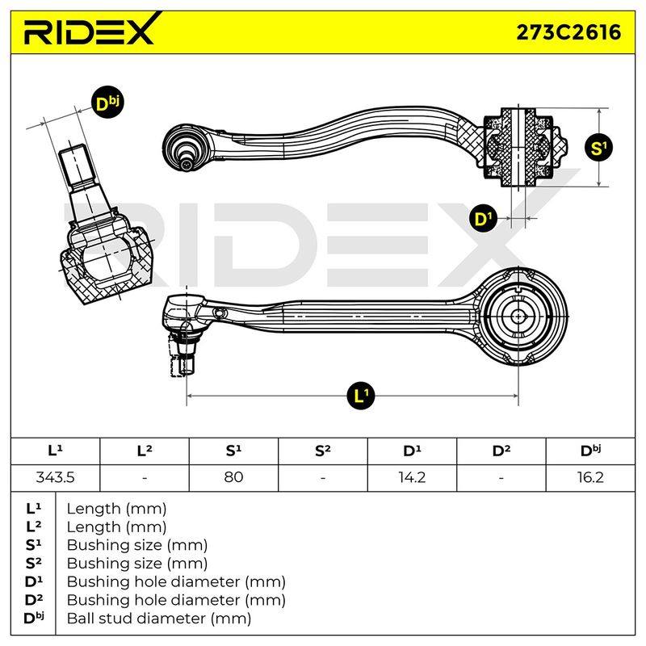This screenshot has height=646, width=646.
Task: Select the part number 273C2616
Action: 568,32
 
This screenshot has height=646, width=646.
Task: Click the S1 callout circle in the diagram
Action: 598,148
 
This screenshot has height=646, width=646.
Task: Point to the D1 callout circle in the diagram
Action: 483,218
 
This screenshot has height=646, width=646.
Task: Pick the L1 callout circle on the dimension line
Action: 361,396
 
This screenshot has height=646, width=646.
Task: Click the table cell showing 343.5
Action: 55,477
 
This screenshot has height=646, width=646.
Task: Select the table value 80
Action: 233,477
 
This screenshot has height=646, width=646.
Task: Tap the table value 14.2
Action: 412,477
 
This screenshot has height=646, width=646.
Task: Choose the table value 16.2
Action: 590,477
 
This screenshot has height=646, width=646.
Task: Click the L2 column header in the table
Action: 145,451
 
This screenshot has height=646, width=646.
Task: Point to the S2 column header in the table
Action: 322,451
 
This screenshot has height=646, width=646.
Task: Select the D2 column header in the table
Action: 501,451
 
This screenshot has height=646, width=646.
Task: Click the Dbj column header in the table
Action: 590,451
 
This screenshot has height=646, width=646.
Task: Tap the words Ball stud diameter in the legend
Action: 136,619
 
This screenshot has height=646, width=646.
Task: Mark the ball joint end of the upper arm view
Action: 186,147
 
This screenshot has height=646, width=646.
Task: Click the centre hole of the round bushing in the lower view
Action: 518,317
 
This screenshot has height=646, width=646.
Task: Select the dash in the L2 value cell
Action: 145,478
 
